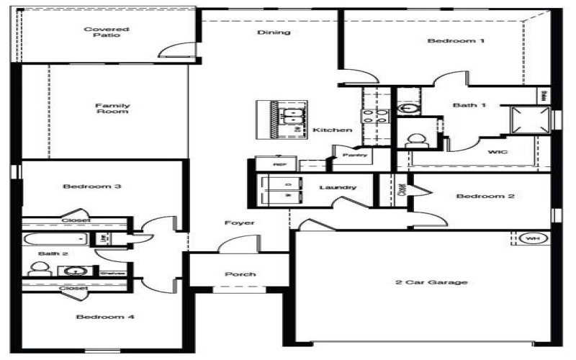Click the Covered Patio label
coord(96,32)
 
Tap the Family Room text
coord(112,109)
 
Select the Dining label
coord(274,32)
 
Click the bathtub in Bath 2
coord(55,238)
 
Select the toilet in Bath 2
coord(39,269)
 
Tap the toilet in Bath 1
coord(415,138)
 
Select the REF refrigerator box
coord(281,164)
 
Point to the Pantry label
coord(355,155)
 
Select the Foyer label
coord(240,223)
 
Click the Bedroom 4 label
coord(105,317)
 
